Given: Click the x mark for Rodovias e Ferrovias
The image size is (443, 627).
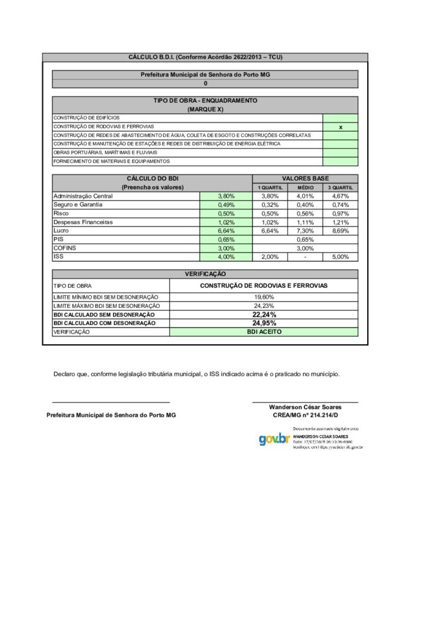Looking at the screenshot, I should (x=340, y=126).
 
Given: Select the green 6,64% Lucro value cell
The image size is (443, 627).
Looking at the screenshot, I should (x=226, y=231).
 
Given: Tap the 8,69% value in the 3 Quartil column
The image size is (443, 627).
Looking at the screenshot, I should (x=340, y=231).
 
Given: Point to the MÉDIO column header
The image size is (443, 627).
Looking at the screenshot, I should (x=305, y=187).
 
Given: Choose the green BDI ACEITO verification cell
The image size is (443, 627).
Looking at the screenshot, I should (x=263, y=331).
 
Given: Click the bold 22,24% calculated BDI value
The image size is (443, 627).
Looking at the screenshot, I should (x=264, y=314).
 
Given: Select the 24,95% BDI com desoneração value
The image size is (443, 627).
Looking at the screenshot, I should (x=264, y=323).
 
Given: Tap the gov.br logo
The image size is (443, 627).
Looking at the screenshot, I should (x=274, y=438).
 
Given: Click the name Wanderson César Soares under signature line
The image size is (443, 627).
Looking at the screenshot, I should (x=305, y=407).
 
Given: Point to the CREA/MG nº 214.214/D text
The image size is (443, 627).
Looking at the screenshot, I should (x=305, y=415).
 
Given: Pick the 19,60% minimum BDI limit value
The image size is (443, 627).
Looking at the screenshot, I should (x=264, y=296).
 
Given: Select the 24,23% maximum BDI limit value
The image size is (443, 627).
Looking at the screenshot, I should (x=264, y=305).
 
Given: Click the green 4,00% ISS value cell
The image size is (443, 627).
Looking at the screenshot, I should (x=226, y=257).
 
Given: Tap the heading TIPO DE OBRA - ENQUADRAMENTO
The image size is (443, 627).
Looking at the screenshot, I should (x=205, y=100).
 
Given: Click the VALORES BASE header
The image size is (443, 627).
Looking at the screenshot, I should (x=305, y=178).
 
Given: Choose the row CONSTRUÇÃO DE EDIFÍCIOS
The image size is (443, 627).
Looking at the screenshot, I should (x=86, y=117).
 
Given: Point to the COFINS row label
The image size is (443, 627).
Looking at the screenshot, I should (x=65, y=249).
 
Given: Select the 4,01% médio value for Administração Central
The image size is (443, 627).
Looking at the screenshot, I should (x=305, y=196).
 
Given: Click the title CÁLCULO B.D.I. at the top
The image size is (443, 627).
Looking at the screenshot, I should (x=205, y=57).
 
